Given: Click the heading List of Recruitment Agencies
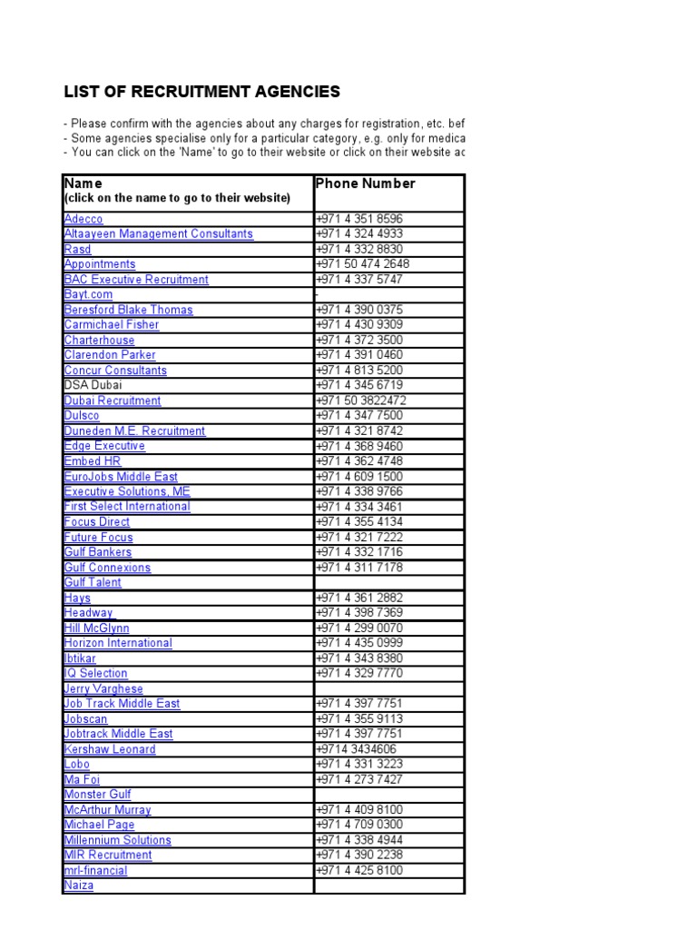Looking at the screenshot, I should tap(201, 92).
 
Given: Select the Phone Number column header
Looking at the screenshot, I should tap(365, 183).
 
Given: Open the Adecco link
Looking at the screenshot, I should tap(83, 219).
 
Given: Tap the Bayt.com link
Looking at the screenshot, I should tap(88, 294).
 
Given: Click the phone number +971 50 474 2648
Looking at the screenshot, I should tap(362, 264).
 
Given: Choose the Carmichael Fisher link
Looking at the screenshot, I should tap(111, 325).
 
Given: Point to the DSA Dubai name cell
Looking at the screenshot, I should tap(94, 385).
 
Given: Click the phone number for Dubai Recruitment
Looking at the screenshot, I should tap(360, 401).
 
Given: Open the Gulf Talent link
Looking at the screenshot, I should tap(93, 582).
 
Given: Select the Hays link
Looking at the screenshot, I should tap(77, 598).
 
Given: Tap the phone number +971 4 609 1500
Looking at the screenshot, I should tap(359, 477).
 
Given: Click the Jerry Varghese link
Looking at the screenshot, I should tap(103, 688).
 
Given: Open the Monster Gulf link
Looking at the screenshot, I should tap(97, 795).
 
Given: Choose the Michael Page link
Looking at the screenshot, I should tap(99, 825).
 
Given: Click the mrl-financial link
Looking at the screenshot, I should tap(95, 870).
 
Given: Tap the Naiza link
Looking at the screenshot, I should tap(79, 885).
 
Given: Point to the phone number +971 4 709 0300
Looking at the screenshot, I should tap(359, 825).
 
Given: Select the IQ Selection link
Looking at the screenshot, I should tap(95, 673).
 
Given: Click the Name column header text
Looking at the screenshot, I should tap(83, 183).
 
